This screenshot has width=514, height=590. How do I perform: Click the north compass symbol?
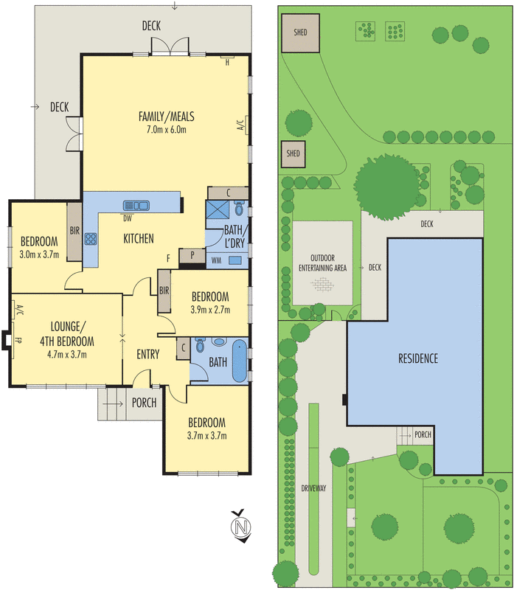[x=241, y=526]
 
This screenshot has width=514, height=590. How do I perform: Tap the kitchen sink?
[x=136, y=206]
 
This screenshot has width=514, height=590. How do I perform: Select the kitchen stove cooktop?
[x=91, y=239]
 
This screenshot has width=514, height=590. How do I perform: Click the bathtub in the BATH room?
[x=240, y=361]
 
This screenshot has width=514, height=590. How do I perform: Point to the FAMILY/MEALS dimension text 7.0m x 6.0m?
[x=167, y=130]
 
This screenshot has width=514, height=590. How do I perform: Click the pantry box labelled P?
[x=192, y=256]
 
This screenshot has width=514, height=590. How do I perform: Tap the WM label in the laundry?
[x=216, y=260]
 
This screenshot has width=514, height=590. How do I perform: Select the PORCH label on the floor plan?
[x=144, y=403]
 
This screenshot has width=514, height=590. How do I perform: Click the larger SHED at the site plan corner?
[x=301, y=33]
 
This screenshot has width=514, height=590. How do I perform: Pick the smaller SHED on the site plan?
[x=293, y=154]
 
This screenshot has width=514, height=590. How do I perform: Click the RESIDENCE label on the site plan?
[x=418, y=358]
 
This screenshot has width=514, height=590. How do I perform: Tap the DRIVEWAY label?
[x=313, y=488]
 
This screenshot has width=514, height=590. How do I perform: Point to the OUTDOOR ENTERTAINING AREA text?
[x=322, y=263]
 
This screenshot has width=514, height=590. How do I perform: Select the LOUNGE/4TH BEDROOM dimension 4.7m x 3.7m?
[x=67, y=355]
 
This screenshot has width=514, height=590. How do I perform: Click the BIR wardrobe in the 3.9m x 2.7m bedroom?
[x=164, y=291]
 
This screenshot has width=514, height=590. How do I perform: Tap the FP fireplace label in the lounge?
[x=17, y=340]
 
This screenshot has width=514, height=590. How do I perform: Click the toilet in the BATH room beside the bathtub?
[x=200, y=344]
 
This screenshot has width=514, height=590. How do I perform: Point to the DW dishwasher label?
[x=128, y=218]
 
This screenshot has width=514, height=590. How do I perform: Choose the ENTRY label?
[x=148, y=354]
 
